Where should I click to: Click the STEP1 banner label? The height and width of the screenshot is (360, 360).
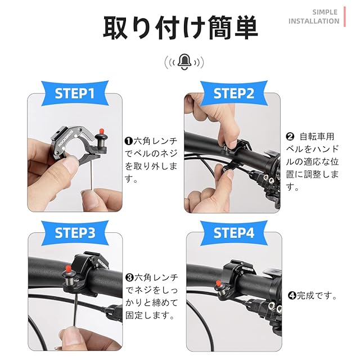tap(75, 93)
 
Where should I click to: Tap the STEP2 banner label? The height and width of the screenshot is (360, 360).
tap(234, 93)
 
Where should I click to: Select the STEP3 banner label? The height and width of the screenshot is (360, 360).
tap(75, 233)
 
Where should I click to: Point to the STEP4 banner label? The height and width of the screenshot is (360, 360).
tap(234, 233)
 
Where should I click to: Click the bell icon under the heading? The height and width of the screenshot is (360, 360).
tap(184, 62)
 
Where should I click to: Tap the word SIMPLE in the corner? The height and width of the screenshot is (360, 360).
tap(325, 12)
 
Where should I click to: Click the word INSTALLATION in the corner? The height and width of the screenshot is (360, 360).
tap(314, 21)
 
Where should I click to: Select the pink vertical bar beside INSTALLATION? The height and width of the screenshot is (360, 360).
tap(345, 17)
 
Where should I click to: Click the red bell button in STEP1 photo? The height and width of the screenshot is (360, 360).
tap(101, 132)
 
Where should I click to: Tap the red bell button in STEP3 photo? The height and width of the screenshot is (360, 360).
tap(68, 268)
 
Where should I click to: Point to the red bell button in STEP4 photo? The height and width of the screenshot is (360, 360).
tap(218, 283)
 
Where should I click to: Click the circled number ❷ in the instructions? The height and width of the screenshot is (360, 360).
tap(290, 137)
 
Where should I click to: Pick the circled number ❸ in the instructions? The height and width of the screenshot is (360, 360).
tap(130, 277)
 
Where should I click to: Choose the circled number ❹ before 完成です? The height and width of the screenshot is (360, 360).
tap(292, 295)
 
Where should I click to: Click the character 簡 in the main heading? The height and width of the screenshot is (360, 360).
tap(219, 28)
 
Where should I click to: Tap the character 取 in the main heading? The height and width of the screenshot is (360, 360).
tap(115, 28)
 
